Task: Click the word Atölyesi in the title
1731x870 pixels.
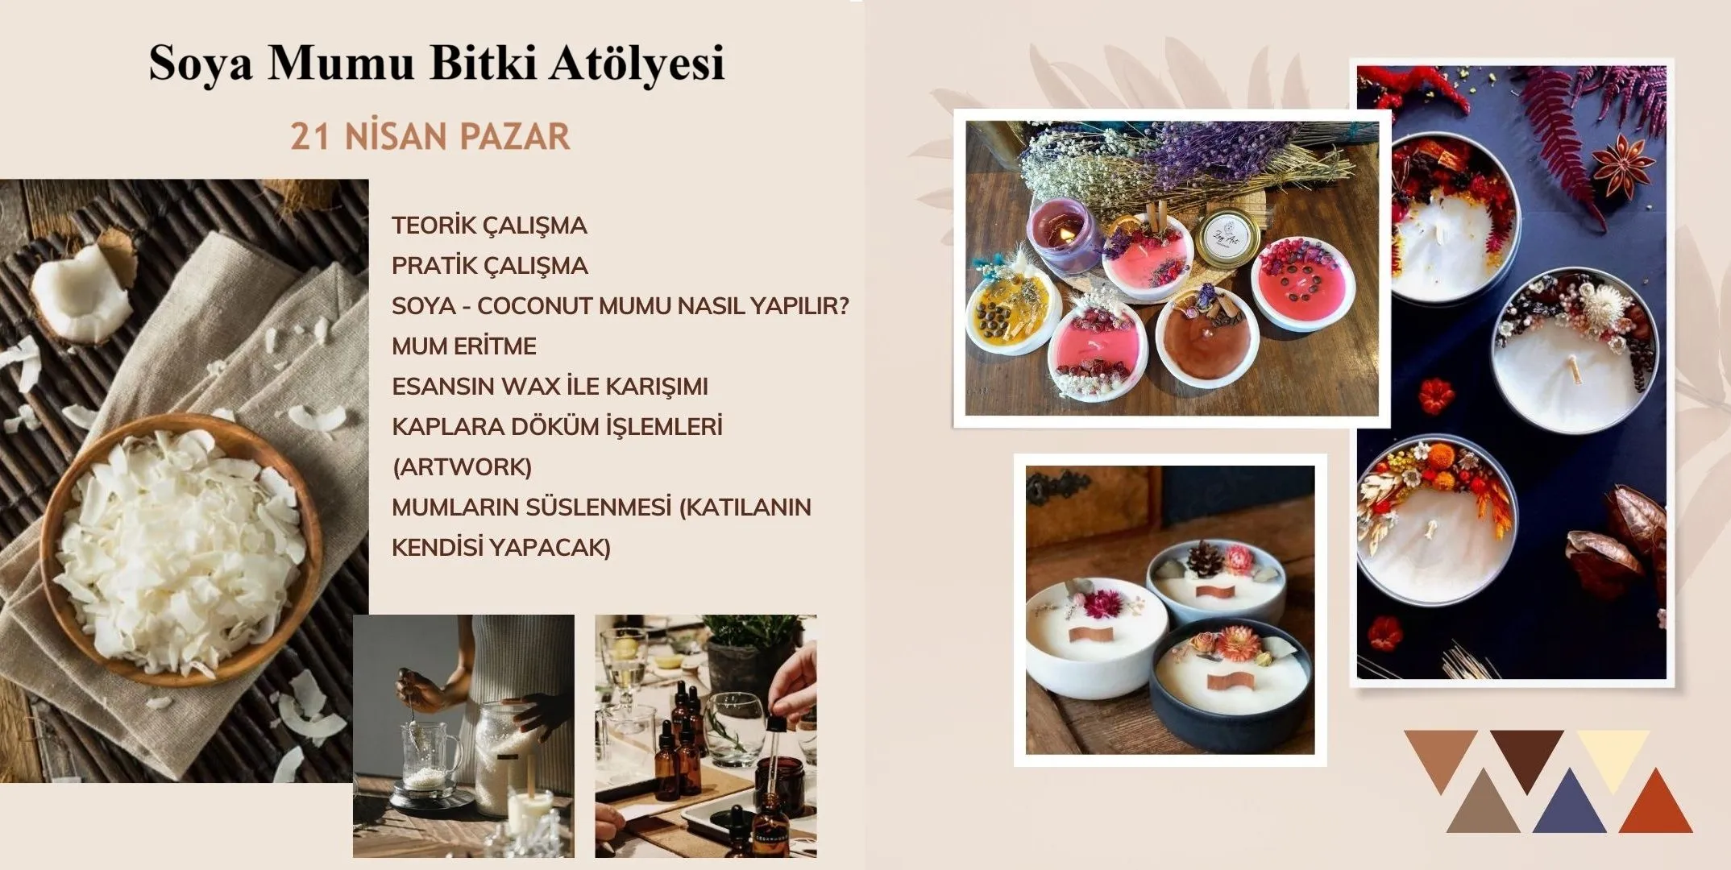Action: [x=637, y=63]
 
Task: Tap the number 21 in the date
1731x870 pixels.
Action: [x=309, y=137]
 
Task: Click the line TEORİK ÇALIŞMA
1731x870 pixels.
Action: [x=489, y=226]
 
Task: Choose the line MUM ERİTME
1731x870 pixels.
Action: [x=463, y=346]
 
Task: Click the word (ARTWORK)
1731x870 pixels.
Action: [x=462, y=467]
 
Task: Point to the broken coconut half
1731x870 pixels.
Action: [x=81, y=294]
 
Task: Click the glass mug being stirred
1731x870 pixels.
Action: [x=427, y=753]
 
